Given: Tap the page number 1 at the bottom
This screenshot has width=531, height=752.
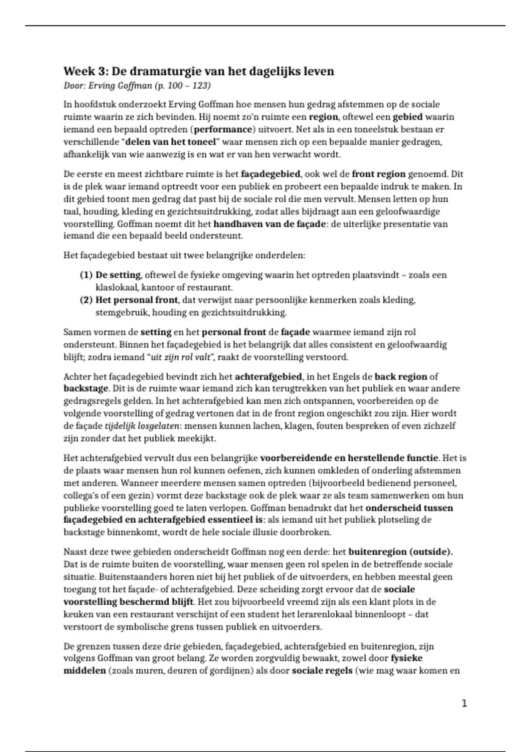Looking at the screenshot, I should tap(464, 703).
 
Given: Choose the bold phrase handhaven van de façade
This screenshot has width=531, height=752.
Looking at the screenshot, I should tap(269, 224).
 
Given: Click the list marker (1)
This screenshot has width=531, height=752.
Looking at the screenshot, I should tap(86, 275).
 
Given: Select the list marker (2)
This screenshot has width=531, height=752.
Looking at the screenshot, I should tap(86, 300).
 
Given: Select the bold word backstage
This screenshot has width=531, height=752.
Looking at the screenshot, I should tap(85, 389).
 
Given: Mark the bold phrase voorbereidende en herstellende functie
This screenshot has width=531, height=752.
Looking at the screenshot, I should tap(349, 458).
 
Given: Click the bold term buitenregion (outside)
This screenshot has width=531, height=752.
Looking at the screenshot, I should tap(400, 552).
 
